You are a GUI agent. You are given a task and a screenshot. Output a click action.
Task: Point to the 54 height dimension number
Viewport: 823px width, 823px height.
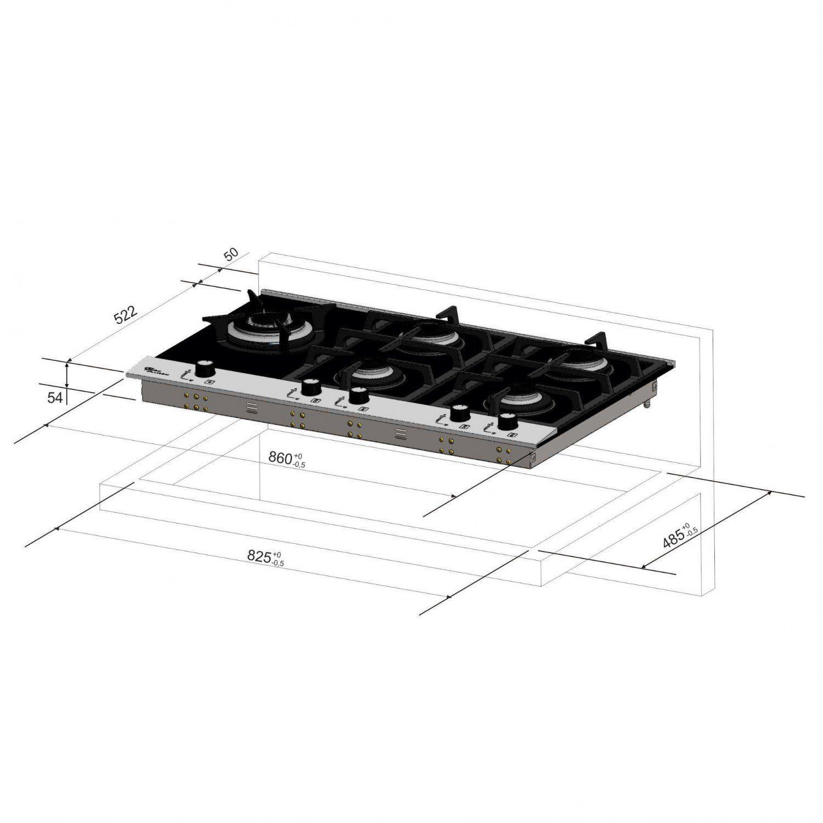54,398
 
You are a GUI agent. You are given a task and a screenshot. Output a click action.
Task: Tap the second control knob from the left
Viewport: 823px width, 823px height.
311,387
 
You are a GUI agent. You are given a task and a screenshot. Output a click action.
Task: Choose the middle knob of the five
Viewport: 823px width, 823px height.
358,395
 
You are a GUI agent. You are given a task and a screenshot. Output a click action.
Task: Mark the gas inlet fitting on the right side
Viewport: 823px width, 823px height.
649,405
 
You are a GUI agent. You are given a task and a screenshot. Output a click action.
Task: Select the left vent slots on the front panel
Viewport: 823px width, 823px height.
250,407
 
